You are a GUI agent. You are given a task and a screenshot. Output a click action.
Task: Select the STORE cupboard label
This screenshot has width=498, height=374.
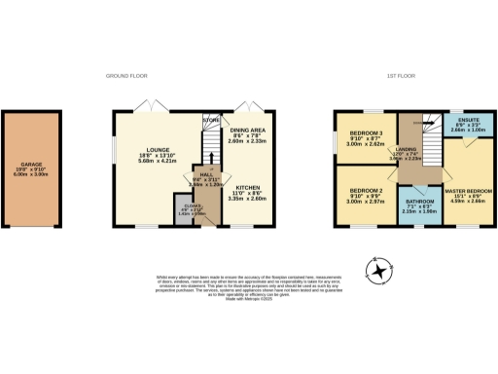211,121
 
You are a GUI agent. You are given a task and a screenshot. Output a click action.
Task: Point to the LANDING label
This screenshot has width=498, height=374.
408,147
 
